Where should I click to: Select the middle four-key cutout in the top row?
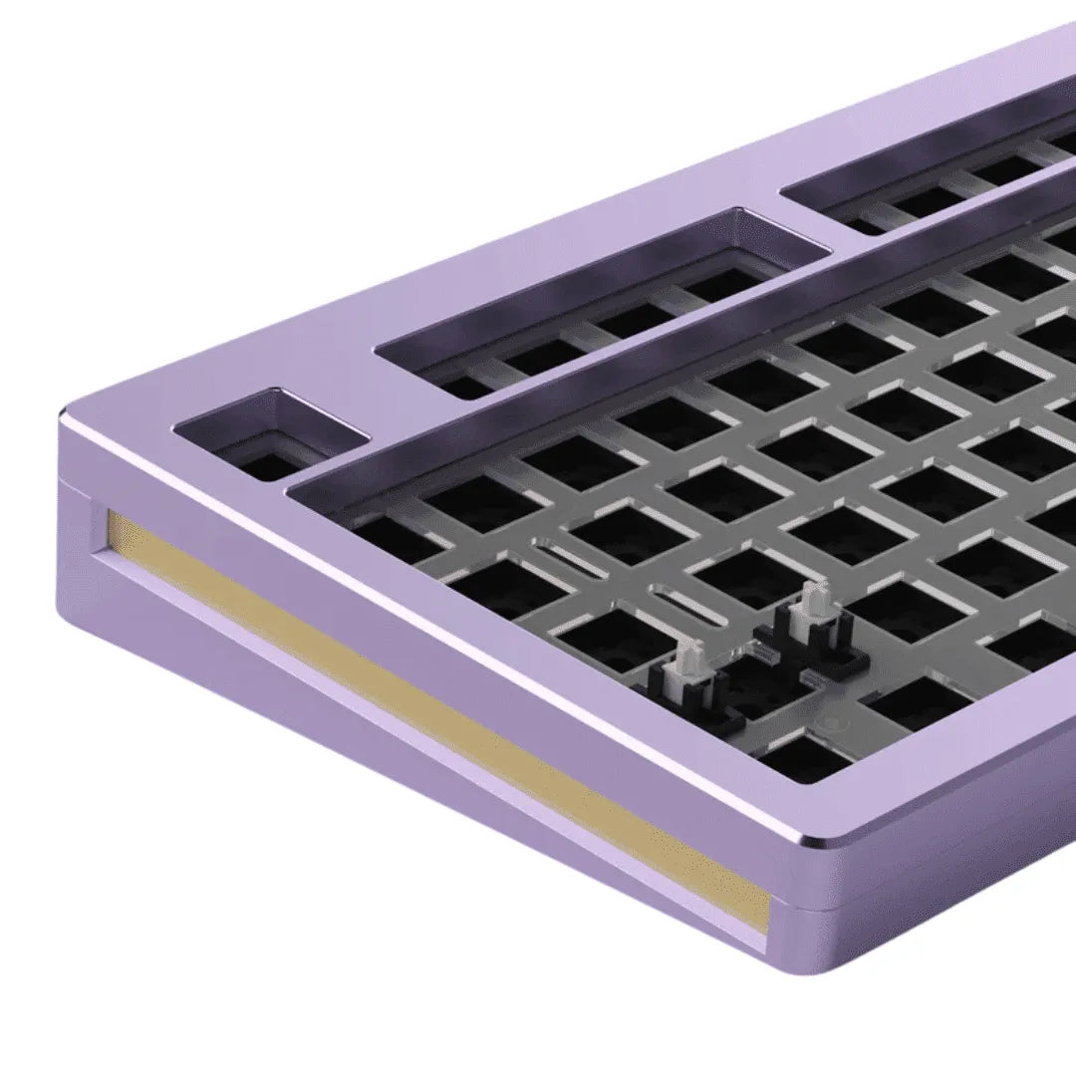click(x=598, y=299)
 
